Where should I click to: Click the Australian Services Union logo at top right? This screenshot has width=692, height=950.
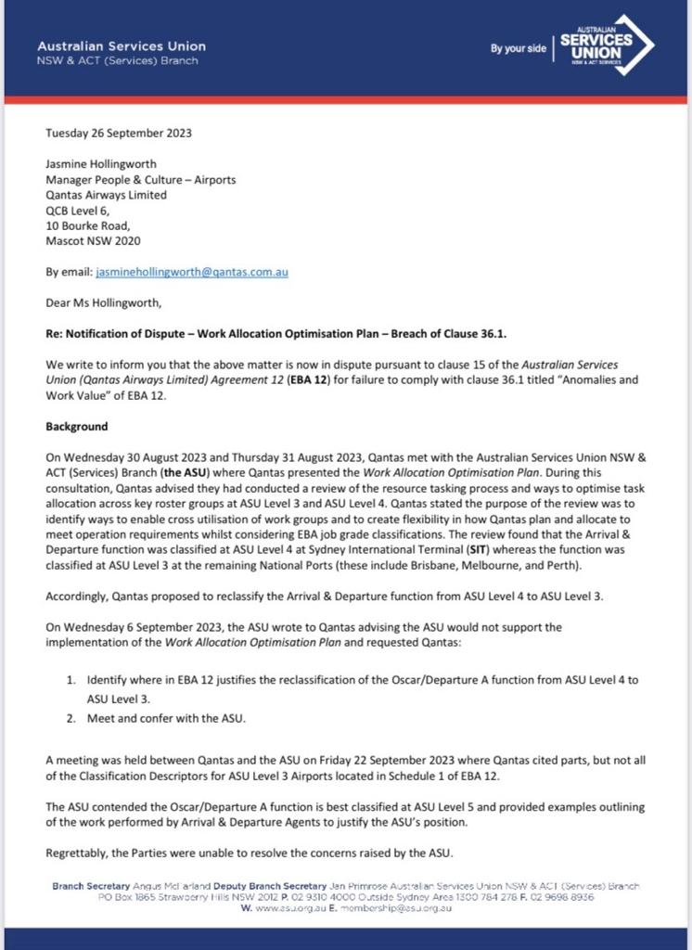tap(607, 45)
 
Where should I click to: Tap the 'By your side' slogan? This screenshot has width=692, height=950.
tap(519, 48)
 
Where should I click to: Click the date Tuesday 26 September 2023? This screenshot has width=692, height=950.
tap(119, 133)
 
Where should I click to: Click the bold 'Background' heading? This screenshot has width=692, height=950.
tap(77, 427)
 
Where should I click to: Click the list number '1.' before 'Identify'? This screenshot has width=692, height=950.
tap(71, 680)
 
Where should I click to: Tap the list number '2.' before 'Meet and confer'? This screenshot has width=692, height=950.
tap(71, 718)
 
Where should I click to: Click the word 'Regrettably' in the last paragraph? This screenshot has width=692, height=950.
tap(79, 853)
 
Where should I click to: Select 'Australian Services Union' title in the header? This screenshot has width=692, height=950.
tap(122, 45)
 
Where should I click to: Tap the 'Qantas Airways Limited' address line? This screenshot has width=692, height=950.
tap(107, 195)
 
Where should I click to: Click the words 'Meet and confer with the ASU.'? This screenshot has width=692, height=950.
tap(168, 718)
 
